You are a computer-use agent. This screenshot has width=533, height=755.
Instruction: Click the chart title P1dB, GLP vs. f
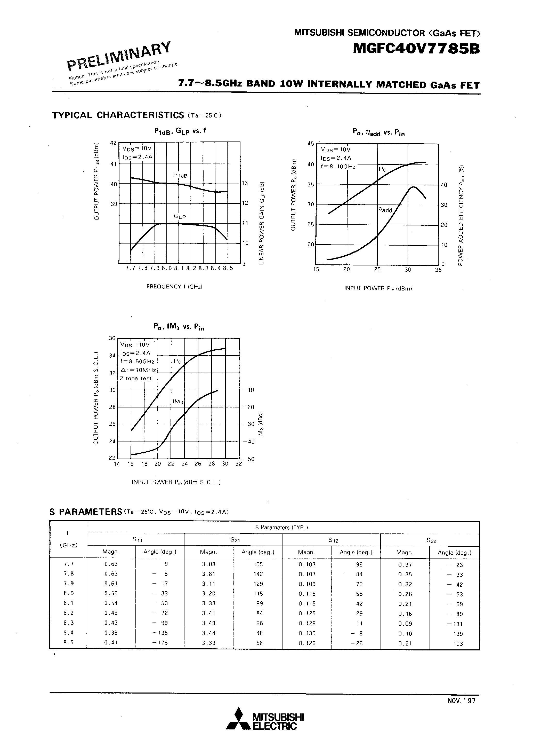180,131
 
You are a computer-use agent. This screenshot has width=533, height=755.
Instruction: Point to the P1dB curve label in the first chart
180,175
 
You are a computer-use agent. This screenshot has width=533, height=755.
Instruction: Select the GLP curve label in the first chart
180,216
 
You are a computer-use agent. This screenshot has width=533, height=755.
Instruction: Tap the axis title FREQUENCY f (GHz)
174,286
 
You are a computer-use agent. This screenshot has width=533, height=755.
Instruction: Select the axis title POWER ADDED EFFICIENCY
461,215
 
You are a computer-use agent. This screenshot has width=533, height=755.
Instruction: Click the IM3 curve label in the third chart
178,402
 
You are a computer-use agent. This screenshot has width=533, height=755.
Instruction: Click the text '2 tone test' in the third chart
136,379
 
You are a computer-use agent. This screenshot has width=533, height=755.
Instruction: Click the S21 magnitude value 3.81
208,574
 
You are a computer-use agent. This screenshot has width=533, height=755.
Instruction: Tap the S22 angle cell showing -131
455,624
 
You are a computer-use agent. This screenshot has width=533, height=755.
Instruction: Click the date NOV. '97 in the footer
461,701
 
